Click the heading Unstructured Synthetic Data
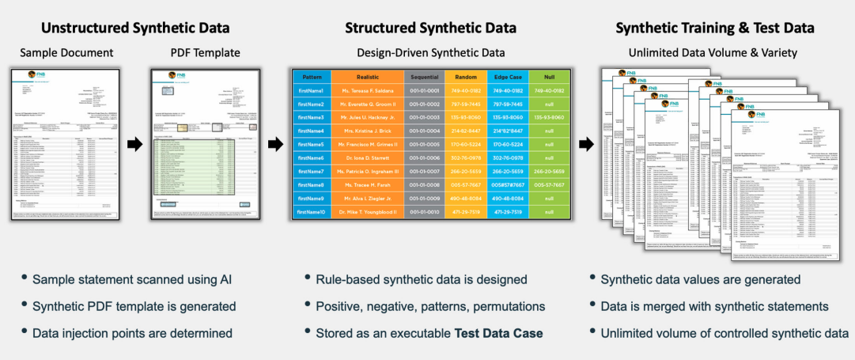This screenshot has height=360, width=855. (x=135, y=28)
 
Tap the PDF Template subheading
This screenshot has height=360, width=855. (x=206, y=53)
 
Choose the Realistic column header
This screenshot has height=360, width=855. (x=367, y=76)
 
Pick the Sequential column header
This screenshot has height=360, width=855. (x=424, y=76)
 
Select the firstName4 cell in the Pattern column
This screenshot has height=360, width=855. (x=311, y=131)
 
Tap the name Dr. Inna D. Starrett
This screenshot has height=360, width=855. (x=367, y=157)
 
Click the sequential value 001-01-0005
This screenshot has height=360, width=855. (x=424, y=144)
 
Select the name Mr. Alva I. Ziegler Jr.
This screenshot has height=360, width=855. (x=367, y=198)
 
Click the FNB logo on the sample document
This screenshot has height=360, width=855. (x=36, y=75)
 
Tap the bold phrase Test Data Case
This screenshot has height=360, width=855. (x=498, y=333)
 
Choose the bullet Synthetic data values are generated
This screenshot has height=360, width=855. (x=701, y=279)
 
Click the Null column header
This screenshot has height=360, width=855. (x=549, y=76)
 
